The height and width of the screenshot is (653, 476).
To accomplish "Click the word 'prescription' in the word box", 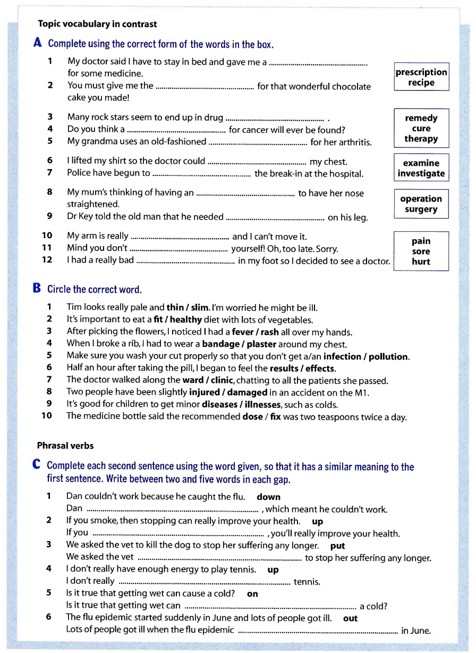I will point(421,72).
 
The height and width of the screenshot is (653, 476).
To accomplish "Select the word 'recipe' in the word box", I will point(421,82).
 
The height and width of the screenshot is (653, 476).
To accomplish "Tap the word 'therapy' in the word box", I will point(421,139).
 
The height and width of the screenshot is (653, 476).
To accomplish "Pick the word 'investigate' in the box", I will point(421,173).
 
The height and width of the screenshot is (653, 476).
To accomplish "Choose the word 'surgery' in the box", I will point(421,209).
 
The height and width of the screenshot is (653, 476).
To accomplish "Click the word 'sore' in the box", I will point(421,252).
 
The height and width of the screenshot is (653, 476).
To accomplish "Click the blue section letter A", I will point(38,43).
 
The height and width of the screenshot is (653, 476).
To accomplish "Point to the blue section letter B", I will point(37,289).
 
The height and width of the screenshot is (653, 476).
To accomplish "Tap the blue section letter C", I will point(37,465).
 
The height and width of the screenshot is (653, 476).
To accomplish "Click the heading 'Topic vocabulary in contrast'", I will point(97,24).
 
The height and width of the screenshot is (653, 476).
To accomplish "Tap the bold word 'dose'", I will point(252,417).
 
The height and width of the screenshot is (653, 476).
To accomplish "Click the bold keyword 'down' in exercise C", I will point(268,497).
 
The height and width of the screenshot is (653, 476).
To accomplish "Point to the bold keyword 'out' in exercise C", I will point(350,618).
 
